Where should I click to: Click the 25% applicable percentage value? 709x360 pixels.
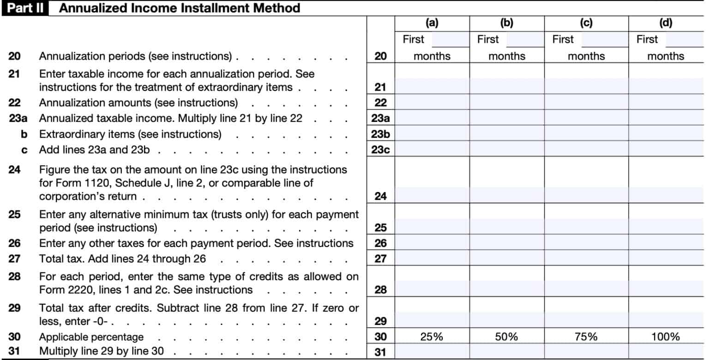tap(432, 336)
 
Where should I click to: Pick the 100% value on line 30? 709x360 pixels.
tap(666, 336)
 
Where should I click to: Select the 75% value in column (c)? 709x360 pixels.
tap(586, 336)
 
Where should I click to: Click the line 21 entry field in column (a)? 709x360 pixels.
tap(432, 87)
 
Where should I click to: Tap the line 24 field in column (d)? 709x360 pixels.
tap(666, 196)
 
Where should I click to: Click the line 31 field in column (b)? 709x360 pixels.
tap(507, 352)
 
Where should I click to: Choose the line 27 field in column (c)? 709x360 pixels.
tap(586, 258)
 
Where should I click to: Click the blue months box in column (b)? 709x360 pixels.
tap(525, 40)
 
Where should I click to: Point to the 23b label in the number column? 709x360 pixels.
tap(380, 134)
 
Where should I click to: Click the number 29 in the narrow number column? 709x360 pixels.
tap(380, 321)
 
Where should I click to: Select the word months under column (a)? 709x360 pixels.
tap(432, 56)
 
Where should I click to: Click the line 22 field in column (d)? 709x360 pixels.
tap(666, 102)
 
